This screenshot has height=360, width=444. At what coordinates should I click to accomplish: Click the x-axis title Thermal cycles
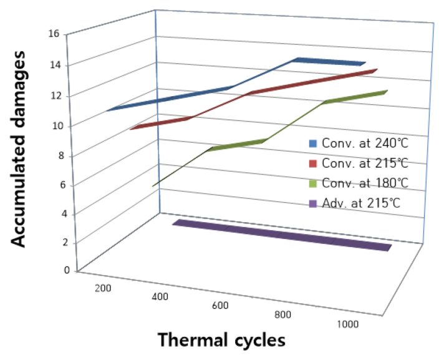[221, 341]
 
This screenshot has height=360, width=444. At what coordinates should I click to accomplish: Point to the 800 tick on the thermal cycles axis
[283, 314]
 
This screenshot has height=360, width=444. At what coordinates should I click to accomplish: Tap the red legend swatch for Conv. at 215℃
[314, 163]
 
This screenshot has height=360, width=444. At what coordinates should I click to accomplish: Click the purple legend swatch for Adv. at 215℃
[314, 203]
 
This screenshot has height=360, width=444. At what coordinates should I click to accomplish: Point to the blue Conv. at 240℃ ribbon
[187, 94]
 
